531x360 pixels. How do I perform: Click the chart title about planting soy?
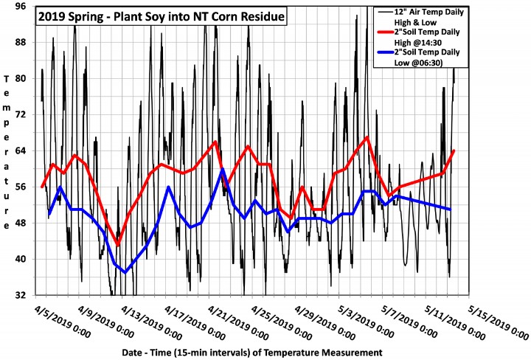tap(162, 16)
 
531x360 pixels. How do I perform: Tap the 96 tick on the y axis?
tap(22, 6)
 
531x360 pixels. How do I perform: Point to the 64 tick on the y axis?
tap(22, 150)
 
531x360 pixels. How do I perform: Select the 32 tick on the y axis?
tap(22, 295)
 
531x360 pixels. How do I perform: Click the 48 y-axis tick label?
tap(22, 224)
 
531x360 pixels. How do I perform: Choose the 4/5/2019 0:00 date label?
tap(63, 321)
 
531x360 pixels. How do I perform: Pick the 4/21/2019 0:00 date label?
tap(236, 322)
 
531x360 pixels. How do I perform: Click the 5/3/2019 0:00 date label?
tap(366, 322)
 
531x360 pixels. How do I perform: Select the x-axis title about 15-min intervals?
tap(252, 352)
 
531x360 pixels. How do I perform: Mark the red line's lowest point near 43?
tap(117, 244)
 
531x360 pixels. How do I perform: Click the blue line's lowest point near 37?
tap(125, 272)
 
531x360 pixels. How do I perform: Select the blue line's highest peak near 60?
tap(222, 169)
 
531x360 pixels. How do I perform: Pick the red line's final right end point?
tap(454, 150)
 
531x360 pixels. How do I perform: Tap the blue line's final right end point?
tap(450, 210)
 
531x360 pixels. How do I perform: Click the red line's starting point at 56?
tap(42, 187)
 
